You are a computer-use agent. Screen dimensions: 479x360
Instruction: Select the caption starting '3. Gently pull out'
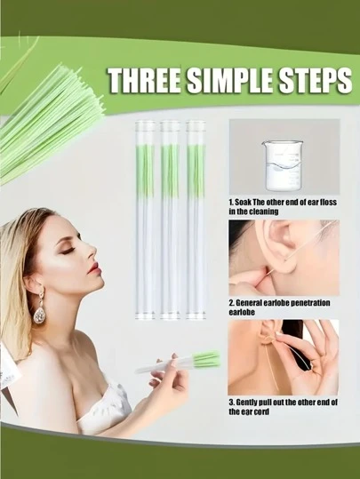(283, 408)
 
